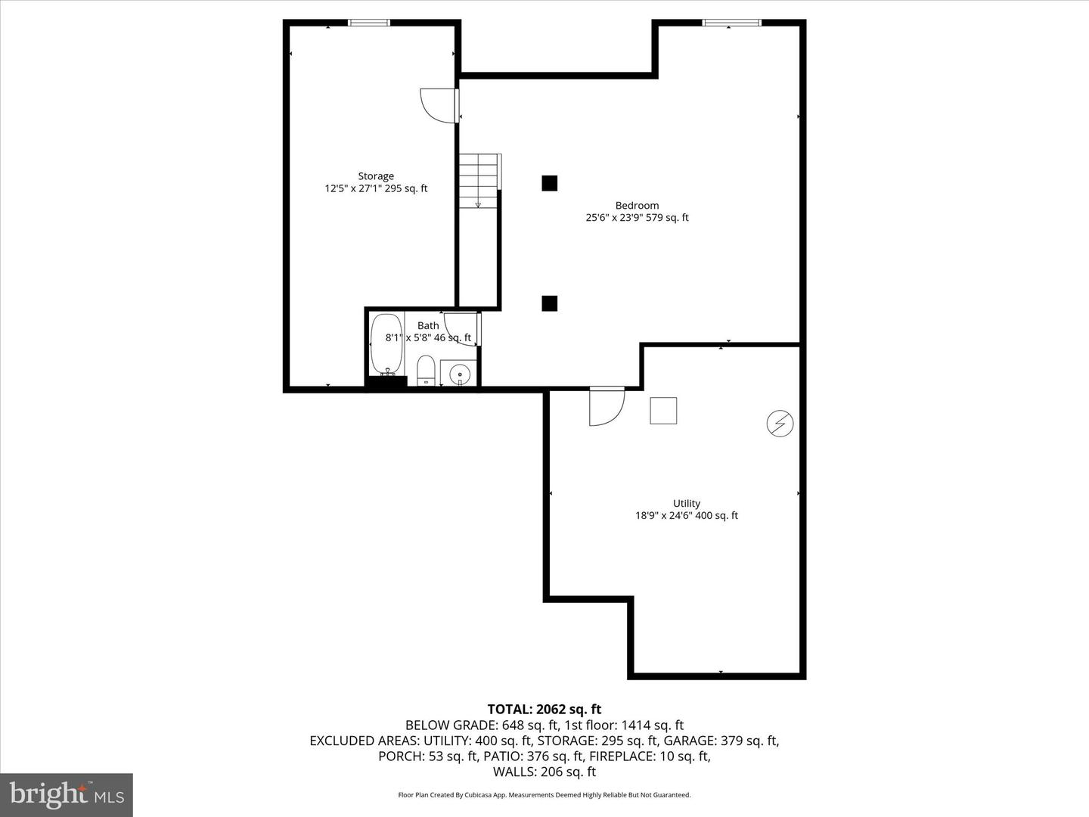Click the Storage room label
point(376,176)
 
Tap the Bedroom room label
point(637,205)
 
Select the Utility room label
point(687,503)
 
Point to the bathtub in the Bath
point(386,344)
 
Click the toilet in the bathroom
point(427,370)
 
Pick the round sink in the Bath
point(459,374)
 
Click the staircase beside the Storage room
point(479,181)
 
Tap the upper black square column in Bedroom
point(550,183)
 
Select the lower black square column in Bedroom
point(550,303)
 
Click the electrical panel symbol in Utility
point(780,424)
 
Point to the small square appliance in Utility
point(663,411)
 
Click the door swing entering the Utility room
point(606,407)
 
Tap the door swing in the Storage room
point(439,105)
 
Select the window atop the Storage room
point(369,23)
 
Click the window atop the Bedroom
point(731,23)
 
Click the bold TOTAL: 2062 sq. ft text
point(544,709)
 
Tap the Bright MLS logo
point(67,794)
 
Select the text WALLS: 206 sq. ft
point(544,772)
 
